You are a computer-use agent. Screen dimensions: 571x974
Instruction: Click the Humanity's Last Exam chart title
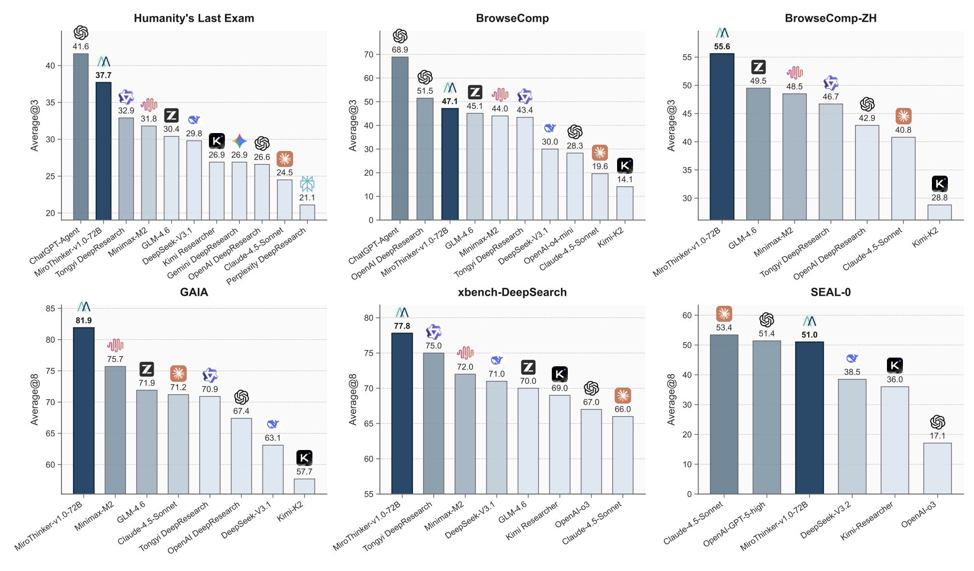coord(194,18)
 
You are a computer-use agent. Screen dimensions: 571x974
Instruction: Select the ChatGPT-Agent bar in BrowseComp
coord(400,138)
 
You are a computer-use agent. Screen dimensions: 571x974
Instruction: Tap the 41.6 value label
coord(81,46)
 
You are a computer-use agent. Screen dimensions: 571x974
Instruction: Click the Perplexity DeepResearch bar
coord(307,212)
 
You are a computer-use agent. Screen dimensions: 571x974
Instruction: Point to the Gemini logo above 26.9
coord(239,141)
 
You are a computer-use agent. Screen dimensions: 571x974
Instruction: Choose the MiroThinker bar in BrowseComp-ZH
coord(722,136)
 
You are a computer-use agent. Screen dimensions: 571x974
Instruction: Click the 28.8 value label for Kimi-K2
coord(940,197)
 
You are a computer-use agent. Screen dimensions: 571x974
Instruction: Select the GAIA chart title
coord(194,292)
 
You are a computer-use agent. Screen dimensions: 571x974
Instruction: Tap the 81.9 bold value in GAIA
coord(84,320)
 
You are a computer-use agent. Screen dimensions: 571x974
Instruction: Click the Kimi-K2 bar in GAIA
coord(304,486)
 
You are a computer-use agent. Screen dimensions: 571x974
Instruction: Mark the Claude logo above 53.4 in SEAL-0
coord(724,314)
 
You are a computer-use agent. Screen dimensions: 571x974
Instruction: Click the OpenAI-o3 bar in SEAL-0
coord(937,468)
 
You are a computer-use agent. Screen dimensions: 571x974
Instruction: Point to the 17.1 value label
coord(937,436)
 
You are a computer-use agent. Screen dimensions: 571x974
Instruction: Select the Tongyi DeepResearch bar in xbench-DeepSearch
coord(434,423)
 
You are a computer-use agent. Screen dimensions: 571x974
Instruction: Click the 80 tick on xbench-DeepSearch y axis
coord(369,318)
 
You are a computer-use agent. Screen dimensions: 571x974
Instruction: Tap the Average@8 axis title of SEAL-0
coord(671,399)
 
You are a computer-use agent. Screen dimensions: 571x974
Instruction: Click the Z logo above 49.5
coord(758,67)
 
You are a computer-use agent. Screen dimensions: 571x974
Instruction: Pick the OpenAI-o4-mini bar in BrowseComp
coord(575,186)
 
